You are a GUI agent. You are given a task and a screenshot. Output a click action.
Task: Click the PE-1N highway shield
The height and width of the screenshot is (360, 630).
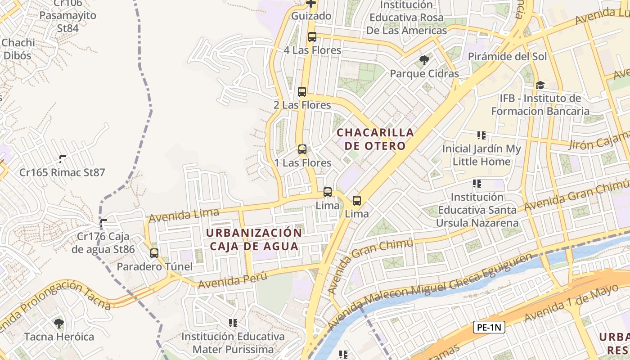(x=489, y=327)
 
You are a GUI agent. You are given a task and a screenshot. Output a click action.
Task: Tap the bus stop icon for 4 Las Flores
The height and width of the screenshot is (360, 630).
(x=312, y=37)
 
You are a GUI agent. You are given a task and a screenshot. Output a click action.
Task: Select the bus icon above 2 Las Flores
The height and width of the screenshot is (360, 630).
(x=302, y=92)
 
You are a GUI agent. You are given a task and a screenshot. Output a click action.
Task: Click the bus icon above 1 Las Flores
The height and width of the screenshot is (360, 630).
(x=302, y=149)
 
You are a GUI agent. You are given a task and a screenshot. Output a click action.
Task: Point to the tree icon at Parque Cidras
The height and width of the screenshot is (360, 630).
(x=424, y=60)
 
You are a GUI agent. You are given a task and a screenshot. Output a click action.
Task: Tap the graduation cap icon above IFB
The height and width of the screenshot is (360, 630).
(x=540, y=85)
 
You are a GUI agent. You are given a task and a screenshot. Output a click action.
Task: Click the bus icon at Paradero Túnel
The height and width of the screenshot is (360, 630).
(x=154, y=253)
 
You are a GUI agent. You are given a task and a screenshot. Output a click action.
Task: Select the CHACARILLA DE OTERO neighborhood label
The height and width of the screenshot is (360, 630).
(x=375, y=139)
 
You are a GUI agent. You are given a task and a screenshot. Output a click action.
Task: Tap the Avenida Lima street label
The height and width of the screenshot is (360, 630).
(x=184, y=215)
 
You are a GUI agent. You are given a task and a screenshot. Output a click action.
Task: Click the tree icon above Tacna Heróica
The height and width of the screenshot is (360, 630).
(x=59, y=323)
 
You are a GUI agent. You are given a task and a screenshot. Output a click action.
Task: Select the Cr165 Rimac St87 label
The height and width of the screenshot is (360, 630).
(x=62, y=172)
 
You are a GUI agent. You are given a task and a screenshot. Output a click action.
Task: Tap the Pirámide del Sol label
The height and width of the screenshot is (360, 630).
(x=508, y=57)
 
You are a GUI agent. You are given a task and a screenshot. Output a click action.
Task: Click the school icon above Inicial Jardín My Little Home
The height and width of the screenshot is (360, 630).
(x=481, y=135)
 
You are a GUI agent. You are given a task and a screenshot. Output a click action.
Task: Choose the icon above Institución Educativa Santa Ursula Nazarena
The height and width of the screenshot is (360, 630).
(x=477, y=184)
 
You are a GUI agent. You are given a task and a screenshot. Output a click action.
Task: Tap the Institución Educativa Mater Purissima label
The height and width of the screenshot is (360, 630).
(x=233, y=343)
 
